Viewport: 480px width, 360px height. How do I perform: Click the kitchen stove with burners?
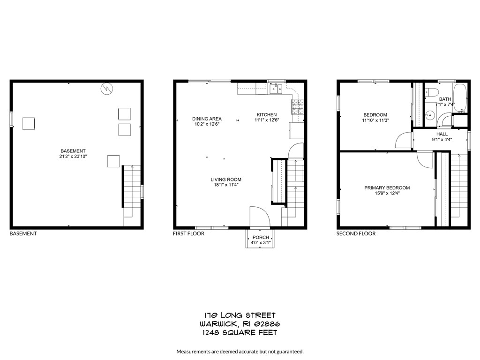click(297, 107)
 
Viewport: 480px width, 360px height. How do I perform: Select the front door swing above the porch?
click(259, 217)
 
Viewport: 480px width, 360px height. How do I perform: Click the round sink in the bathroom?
click(429, 115)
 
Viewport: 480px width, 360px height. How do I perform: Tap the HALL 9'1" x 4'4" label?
click(442, 136)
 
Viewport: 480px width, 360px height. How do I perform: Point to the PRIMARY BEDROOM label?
click(387, 190)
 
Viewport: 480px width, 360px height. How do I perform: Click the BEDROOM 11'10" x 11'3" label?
click(375, 118)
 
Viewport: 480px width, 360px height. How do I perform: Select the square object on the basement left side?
click(29, 123)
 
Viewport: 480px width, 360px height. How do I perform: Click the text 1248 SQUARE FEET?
click(240, 333)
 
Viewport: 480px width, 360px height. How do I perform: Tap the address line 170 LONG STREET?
click(240, 315)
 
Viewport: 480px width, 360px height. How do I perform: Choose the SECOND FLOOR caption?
click(356, 233)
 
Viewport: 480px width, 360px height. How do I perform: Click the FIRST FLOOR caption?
click(188, 233)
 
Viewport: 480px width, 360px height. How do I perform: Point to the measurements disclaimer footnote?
click(240, 351)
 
